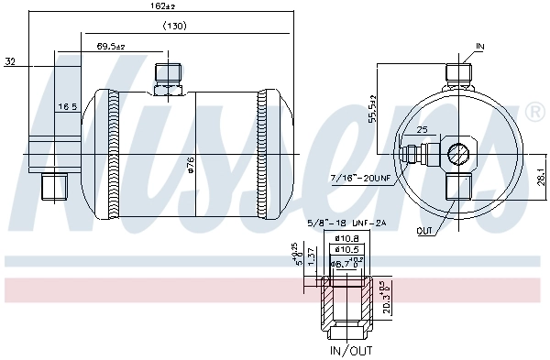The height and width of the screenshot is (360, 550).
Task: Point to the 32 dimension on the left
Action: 10,63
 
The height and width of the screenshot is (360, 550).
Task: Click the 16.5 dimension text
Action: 67,107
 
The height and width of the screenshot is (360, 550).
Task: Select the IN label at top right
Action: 481,45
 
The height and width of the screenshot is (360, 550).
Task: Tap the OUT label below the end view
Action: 423,230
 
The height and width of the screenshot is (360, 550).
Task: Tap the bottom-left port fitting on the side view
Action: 55,185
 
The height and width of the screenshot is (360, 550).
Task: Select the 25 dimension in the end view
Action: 422,130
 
